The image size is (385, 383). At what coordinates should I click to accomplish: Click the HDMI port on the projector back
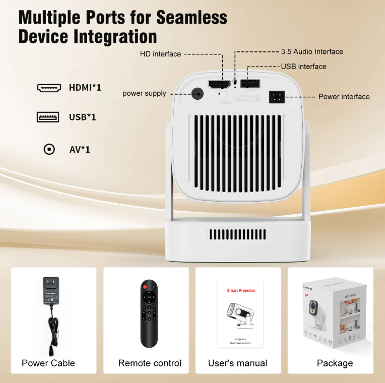coord(219,84)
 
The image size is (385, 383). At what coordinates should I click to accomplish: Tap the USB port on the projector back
coord(250,84)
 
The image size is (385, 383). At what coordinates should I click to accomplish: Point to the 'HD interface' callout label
coord(160,54)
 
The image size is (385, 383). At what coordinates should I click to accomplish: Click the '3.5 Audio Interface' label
coord(311,51)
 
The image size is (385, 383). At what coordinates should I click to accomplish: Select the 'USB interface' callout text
coord(303,67)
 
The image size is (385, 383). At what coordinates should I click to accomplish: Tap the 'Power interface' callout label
coord(344,96)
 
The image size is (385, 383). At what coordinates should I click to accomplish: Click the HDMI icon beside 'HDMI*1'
coord(49,88)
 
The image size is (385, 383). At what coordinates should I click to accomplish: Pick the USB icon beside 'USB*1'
coord(48,117)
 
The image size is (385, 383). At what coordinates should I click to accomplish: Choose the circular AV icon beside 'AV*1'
coord(49,149)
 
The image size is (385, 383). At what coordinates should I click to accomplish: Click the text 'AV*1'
coord(80,149)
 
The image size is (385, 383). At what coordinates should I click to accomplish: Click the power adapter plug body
coord(50,292)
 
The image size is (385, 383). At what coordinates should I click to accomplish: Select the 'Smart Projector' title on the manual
coord(241,290)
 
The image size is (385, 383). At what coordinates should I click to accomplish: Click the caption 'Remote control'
coord(150,363)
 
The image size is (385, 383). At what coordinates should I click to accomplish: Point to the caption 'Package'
coord(335,363)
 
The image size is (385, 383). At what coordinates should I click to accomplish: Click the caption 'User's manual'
coord(237,363)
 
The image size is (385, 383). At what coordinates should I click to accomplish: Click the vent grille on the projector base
coord(237,234)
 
